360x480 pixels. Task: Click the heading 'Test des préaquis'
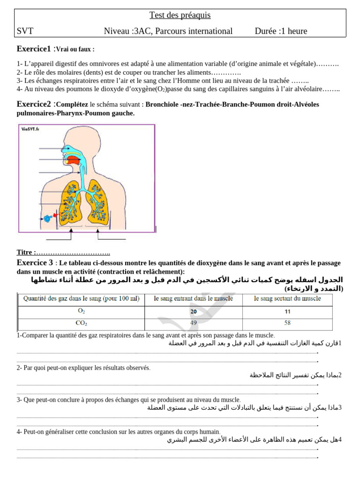(x=180, y=15)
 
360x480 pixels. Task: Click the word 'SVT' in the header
(x=25, y=31)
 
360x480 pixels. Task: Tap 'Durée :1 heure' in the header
(x=281, y=31)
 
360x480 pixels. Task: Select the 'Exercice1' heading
(x=33, y=49)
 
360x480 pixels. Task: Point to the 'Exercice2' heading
(x=33, y=104)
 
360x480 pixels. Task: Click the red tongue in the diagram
(x=73, y=160)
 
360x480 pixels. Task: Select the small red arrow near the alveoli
(x=55, y=215)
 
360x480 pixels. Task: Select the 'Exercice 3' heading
(x=35, y=263)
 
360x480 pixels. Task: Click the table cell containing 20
(x=194, y=312)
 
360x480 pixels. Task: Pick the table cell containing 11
(x=287, y=312)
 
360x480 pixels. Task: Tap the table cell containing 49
(x=194, y=323)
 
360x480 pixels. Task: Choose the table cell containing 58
(x=287, y=323)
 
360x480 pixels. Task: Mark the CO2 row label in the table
(x=81, y=323)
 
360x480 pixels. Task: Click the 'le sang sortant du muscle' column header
(x=287, y=299)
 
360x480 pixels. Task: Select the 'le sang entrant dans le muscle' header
(x=194, y=299)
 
